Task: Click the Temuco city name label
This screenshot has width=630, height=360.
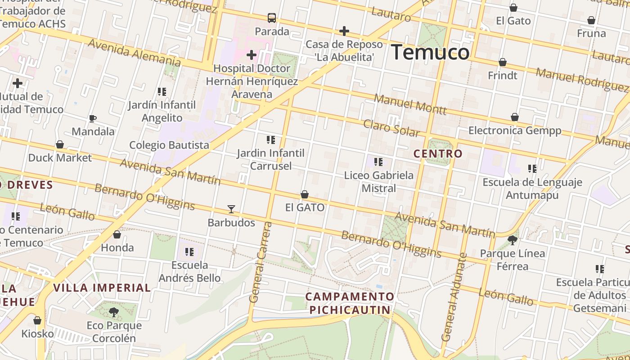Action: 430,52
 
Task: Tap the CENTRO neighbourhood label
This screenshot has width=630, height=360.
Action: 438,153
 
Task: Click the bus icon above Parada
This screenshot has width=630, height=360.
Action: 272,18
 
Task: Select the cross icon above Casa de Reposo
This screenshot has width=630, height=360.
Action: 344,31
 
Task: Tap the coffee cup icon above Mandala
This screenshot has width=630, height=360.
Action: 93,119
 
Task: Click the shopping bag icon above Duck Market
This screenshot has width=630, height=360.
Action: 59,144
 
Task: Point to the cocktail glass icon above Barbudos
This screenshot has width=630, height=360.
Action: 231,209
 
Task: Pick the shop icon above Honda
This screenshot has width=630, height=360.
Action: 117,234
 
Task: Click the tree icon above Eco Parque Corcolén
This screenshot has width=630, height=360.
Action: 114,312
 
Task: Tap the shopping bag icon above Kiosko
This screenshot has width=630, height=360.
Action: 37,320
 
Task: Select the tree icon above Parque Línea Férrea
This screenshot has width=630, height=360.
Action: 512,240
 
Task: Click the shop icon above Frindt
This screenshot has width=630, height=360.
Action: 503,62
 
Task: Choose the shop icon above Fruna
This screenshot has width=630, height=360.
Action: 591,20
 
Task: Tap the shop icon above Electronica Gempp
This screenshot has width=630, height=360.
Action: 515,117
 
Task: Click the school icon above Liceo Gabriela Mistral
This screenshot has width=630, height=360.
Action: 378,162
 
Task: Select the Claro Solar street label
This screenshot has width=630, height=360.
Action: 391,128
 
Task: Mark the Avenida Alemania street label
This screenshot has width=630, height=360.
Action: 134,52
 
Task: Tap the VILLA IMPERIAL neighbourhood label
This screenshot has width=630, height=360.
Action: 102,288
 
